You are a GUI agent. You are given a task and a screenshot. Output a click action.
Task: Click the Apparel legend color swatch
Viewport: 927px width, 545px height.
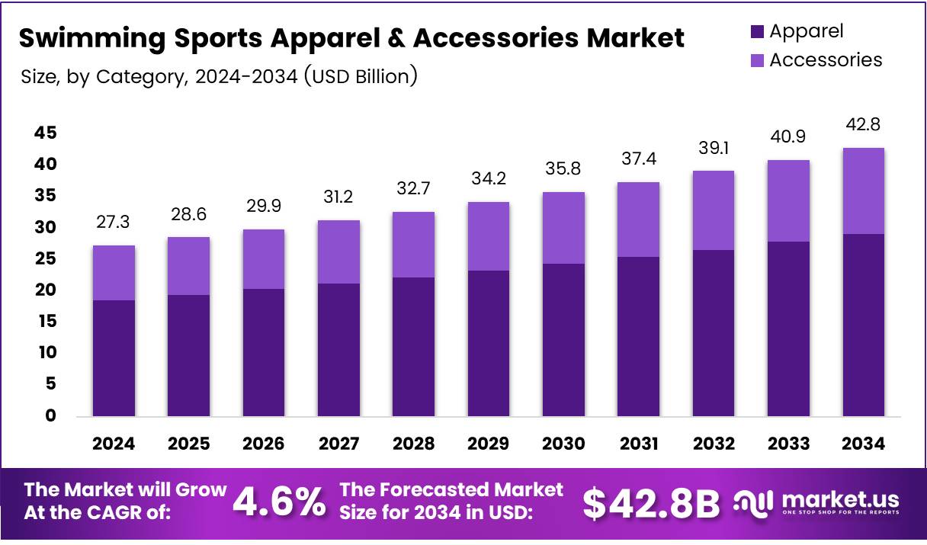[x=757, y=32]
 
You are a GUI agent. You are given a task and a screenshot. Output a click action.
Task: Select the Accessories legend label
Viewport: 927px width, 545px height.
[x=825, y=60]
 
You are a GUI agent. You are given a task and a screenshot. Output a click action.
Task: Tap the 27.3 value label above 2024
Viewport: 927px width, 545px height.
[x=114, y=222]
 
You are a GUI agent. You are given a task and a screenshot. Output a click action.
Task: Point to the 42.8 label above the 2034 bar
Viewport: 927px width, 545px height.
[x=863, y=124]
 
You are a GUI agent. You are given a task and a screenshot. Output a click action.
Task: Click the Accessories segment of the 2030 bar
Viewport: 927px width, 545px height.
[x=563, y=228]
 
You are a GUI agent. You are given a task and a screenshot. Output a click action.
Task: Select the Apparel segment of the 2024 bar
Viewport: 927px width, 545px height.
[x=114, y=357]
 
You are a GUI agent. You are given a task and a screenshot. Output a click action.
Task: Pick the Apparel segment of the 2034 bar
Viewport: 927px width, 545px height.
[x=863, y=325]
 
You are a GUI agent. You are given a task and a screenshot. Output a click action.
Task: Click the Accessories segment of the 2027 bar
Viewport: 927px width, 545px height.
[x=338, y=252]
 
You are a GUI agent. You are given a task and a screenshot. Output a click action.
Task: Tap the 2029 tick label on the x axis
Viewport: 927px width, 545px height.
[x=489, y=444]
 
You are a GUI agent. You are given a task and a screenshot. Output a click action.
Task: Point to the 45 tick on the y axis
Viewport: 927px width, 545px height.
[x=45, y=133]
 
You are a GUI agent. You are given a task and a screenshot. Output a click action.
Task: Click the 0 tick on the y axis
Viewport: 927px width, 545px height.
[x=50, y=416]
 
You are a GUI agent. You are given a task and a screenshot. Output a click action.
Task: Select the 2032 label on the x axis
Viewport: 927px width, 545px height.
[x=714, y=444]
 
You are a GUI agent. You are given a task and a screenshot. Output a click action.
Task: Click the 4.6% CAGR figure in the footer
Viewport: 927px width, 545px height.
[x=278, y=502]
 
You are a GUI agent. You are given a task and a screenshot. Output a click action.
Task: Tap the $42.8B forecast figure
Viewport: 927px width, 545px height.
[x=651, y=502]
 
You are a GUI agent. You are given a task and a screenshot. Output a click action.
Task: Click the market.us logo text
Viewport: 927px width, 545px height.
[x=839, y=499]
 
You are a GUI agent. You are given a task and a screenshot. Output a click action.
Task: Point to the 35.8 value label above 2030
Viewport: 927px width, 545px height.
[x=563, y=168]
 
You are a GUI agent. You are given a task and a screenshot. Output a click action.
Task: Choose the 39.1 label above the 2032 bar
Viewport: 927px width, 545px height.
[x=714, y=147]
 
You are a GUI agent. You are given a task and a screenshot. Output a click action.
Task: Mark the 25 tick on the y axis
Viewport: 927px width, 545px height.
[x=45, y=259]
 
